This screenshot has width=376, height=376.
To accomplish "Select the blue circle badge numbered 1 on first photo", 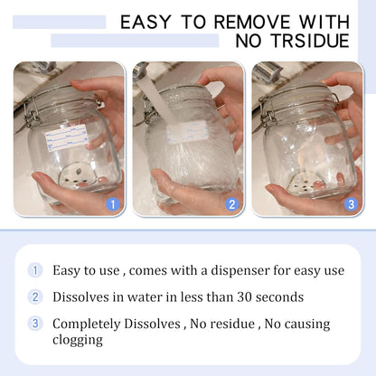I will [x=112, y=204].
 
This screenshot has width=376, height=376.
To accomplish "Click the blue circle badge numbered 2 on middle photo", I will [x=231, y=204].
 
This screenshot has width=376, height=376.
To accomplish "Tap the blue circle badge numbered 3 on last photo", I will [x=351, y=204].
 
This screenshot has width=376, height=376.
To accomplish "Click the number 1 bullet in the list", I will [x=35, y=269].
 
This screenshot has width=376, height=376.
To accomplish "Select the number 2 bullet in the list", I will [x=35, y=296].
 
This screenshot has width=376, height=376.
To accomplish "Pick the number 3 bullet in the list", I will [x=35, y=324].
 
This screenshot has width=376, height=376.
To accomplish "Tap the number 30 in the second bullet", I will [x=233, y=296].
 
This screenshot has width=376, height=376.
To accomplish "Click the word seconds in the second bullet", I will [x=275, y=296].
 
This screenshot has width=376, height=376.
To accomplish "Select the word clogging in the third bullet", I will [x=78, y=340].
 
